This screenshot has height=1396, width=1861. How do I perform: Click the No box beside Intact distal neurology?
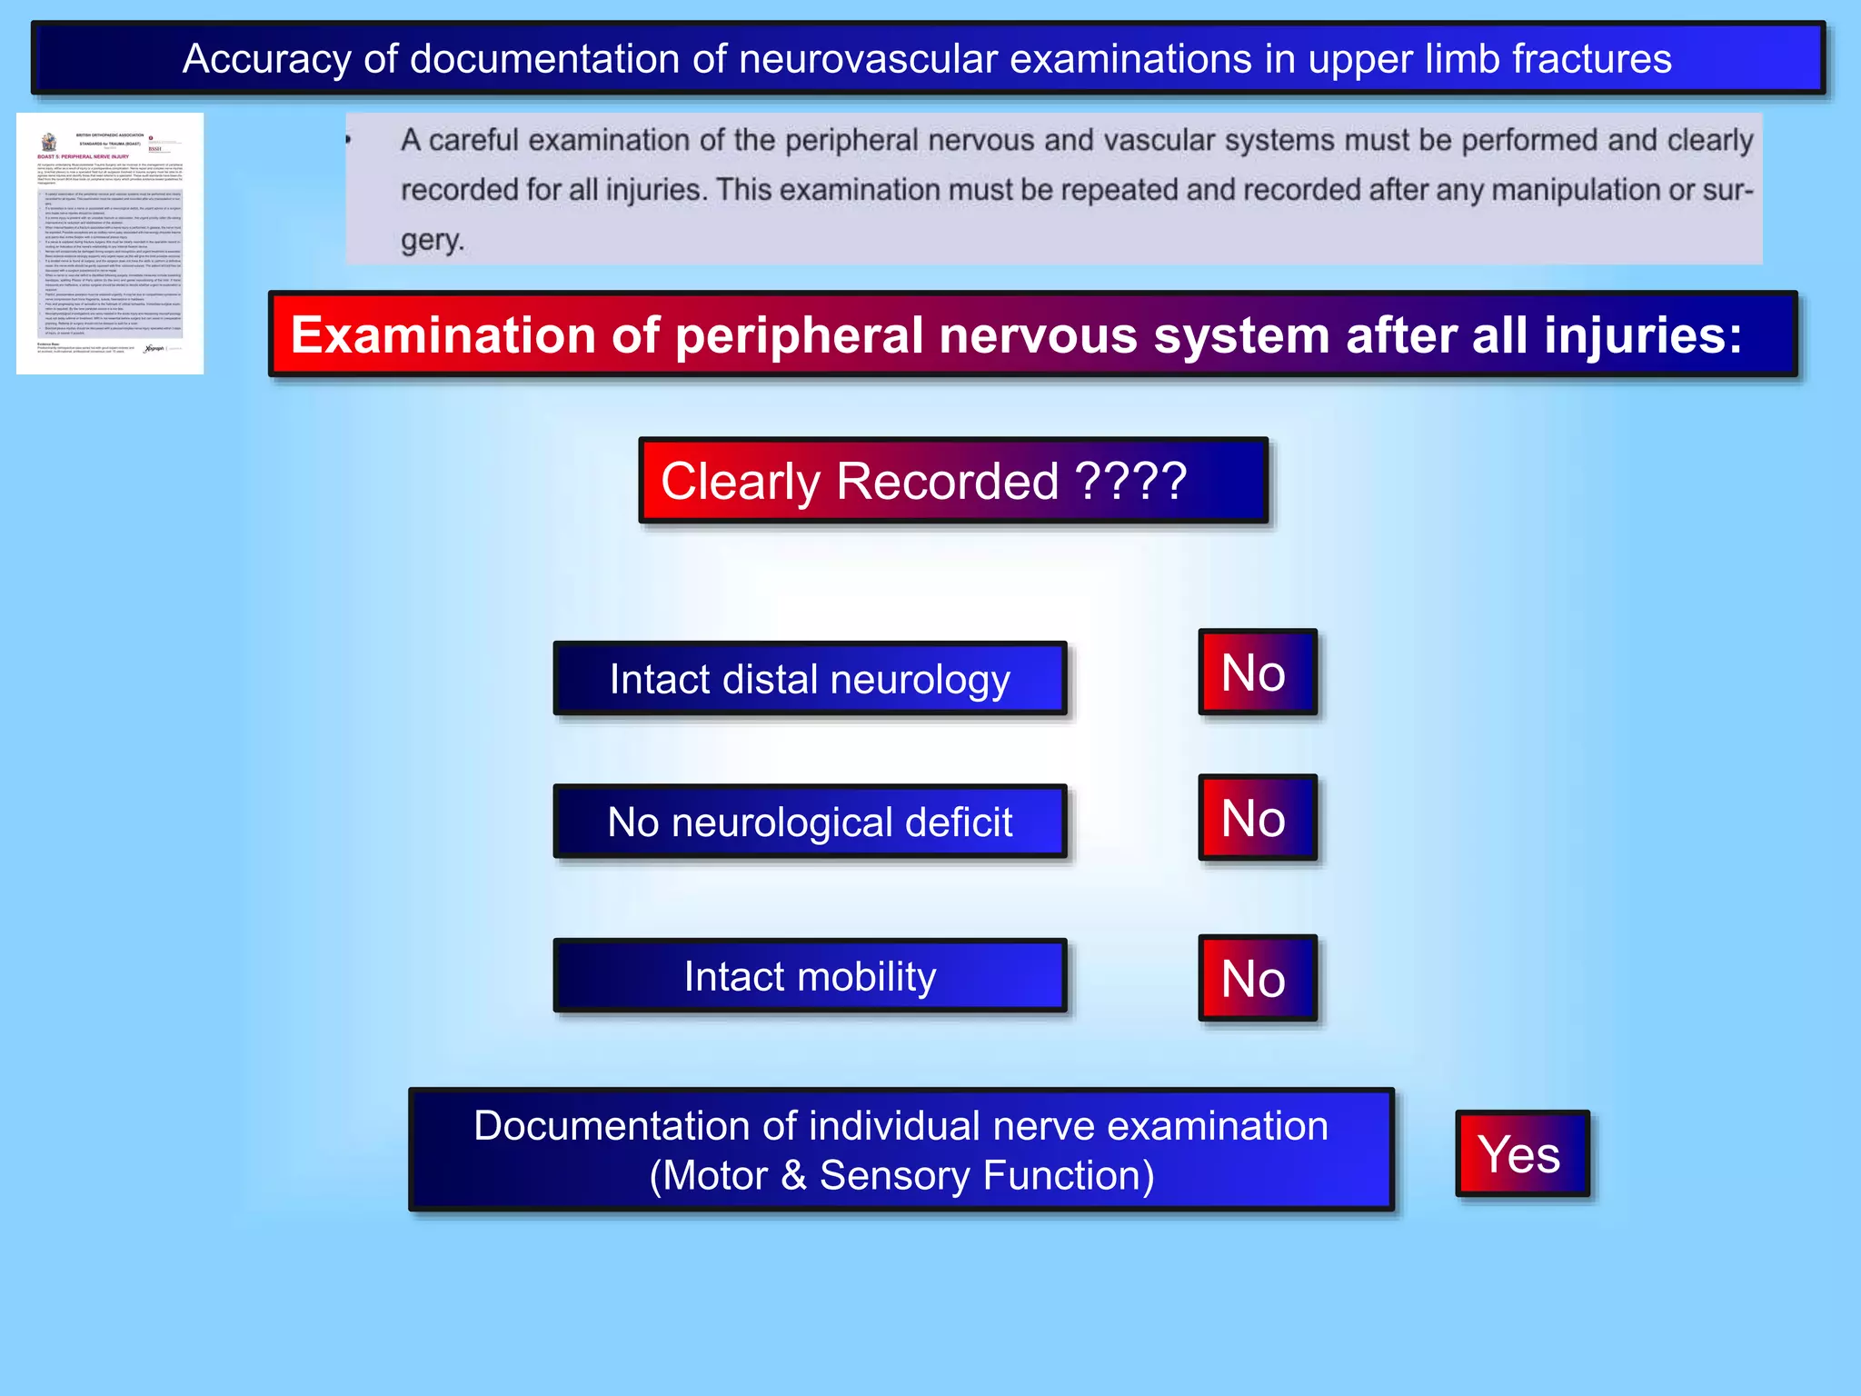click(x=1257, y=673)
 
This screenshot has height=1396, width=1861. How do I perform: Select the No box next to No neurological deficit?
click(x=1257, y=818)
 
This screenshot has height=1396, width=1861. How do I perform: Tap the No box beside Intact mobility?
click(x=1257, y=978)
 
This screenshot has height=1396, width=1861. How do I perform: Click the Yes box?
click(x=1521, y=1153)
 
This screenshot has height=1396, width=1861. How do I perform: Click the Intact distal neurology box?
click(x=810, y=679)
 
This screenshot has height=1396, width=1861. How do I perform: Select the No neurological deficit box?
click(x=810, y=822)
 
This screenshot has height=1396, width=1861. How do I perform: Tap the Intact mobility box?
click(x=810, y=976)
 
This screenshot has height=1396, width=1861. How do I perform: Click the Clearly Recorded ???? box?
click(x=952, y=481)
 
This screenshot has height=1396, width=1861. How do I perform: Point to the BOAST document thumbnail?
click(x=110, y=244)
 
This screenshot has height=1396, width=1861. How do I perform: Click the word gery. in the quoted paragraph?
click(x=433, y=240)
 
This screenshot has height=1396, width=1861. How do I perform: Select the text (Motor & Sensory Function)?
click(x=901, y=1175)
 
